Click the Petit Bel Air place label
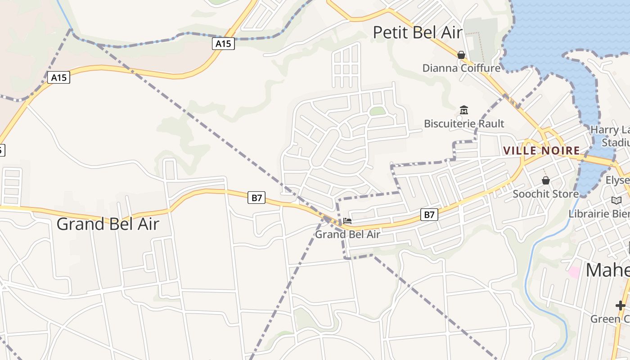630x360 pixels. [418, 32]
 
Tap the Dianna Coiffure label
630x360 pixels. [461, 68]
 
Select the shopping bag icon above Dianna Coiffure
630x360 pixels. [461, 55]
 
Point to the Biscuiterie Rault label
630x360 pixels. [464, 123]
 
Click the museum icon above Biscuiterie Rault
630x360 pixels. [464, 110]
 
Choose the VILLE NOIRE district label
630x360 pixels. [541, 150]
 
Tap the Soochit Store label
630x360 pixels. [546, 194]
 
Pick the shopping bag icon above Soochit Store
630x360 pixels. [546, 180]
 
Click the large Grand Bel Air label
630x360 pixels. [108, 224]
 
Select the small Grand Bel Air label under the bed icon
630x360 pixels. [347, 234]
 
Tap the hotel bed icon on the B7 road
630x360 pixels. [347, 221]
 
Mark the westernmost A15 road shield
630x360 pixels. [58, 77]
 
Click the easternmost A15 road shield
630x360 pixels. [224, 44]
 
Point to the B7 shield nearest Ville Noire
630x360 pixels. [429, 215]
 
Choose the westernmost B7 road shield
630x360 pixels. [256, 197]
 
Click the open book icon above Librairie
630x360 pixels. [616, 200]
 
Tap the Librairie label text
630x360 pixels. [598, 213]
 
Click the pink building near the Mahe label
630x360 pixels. [574, 272]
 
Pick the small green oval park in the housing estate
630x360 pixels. [378, 111]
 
